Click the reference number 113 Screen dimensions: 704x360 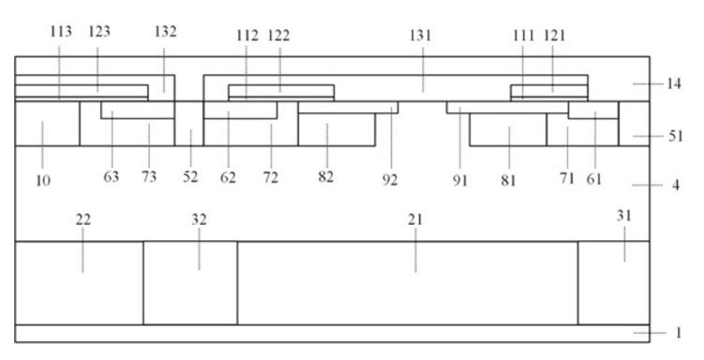(61, 32)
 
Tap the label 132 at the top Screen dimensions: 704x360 (165, 32)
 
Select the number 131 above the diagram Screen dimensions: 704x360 (420, 35)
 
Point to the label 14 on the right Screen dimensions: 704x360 (673, 83)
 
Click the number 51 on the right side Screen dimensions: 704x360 (675, 136)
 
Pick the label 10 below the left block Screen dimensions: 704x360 (43, 180)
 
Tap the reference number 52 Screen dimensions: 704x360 (190, 177)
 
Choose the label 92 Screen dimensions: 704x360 (390, 180)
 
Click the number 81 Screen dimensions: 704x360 (508, 180)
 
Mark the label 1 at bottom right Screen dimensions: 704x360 (679, 333)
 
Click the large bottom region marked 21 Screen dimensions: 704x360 (407, 283)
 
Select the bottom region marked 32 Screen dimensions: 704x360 (190, 283)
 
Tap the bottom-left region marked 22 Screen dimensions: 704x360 (80, 283)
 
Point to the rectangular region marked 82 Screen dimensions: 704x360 (337, 129)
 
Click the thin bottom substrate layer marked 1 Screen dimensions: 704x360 (332, 334)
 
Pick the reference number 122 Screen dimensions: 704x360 (278, 36)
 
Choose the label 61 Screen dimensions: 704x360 (594, 179)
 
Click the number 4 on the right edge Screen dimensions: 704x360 (676, 185)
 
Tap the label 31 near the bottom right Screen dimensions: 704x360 (623, 216)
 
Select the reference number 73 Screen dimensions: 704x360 (149, 177)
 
